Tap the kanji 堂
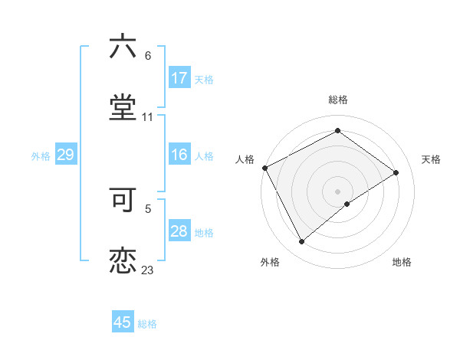(x=123, y=106)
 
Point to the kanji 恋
(x=123, y=260)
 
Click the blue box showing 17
(x=179, y=78)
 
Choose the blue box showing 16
(x=179, y=155)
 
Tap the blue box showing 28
(x=179, y=231)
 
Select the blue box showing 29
(x=65, y=155)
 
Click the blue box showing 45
(x=123, y=322)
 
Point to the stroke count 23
(x=147, y=270)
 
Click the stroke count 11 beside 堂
(x=147, y=117)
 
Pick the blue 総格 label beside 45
(x=147, y=324)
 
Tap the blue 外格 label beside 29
(x=41, y=156)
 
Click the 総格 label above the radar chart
(x=337, y=100)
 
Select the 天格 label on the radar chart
(x=431, y=159)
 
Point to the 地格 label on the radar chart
(x=402, y=262)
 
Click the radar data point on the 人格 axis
(x=264, y=168)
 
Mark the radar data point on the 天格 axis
(x=396, y=172)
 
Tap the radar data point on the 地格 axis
(x=347, y=204)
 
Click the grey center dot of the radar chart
(x=337, y=191)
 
